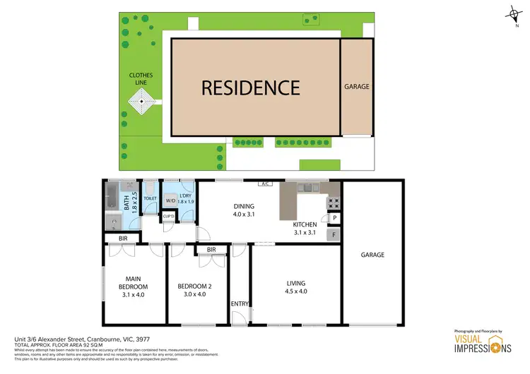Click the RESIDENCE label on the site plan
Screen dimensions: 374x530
pyautogui.click(x=251, y=88)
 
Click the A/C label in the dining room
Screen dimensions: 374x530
pyautogui.click(x=266, y=184)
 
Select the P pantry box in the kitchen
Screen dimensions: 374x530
pyautogui.click(x=333, y=218)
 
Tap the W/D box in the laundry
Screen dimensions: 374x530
pyautogui.click(x=170, y=201)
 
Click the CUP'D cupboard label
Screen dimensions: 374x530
pyautogui.click(x=168, y=216)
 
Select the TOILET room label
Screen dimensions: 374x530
pyautogui.click(x=150, y=199)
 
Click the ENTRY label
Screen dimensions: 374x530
pyautogui.click(x=240, y=304)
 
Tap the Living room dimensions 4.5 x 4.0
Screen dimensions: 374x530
pyautogui.click(x=296, y=291)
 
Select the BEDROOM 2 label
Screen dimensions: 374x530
pyautogui.click(x=194, y=286)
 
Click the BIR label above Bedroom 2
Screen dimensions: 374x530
pyautogui.click(x=211, y=250)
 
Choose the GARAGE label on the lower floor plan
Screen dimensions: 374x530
pyautogui.click(x=373, y=255)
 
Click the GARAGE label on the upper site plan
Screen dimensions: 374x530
pyautogui.click(x=356, y=87)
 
